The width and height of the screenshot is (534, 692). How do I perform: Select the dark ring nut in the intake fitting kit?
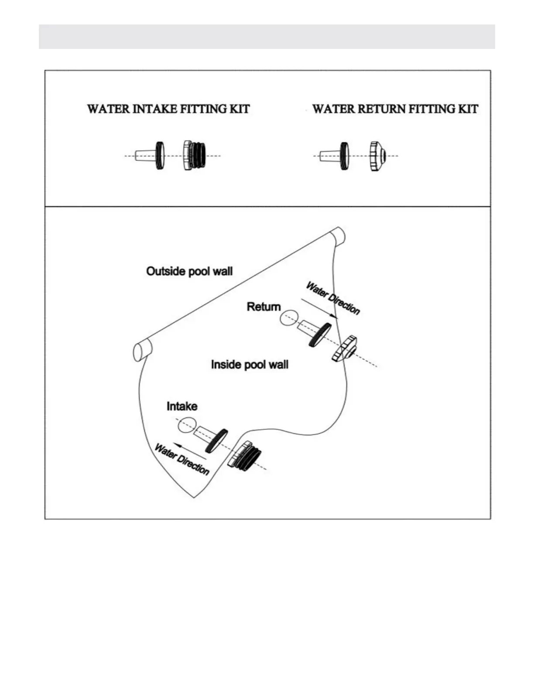pyautogui.click(x=160, y=156)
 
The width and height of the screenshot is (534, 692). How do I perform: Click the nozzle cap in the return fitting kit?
pyautogui.click(x=377, y=156)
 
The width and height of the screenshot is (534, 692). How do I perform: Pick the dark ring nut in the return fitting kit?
pyautogui.click(x=344, y=156)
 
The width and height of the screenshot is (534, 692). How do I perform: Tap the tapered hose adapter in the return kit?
pyautogui.click(x=328, y=156)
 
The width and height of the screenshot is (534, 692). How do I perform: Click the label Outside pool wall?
pyautogui.click(x=189, y=271)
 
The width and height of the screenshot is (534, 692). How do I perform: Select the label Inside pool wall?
pyautogui.click(x=250, y=364)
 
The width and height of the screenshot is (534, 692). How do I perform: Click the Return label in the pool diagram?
pyautogui.click(x=264, y=307)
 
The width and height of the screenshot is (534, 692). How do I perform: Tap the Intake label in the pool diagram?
pyautogui.click(x=182, y=406)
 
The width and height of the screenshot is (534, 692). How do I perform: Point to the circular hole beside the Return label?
pyautogui.click(x=288, y=318)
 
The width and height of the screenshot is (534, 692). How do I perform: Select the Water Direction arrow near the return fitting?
pyautogui.click(x=318, y=308)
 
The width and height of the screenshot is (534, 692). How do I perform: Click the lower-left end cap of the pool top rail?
pyautogui.click(x=141, y=350)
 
